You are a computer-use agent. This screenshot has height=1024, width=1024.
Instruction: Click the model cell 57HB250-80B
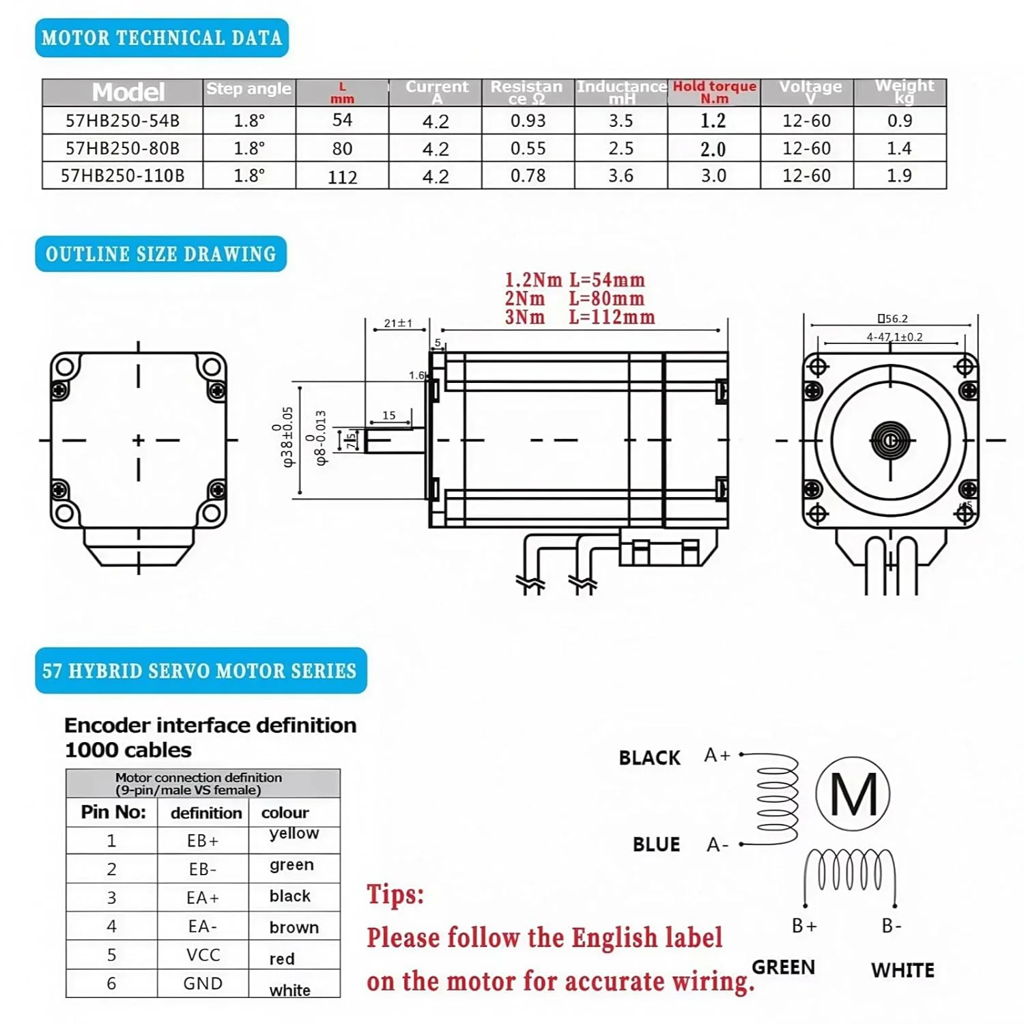tap(122, 148)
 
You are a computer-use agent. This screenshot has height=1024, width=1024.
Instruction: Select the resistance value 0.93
tap(528, 121)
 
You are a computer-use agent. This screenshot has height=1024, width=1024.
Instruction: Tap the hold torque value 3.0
tap(713, 175)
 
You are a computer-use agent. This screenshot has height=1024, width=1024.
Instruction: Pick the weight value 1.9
tap(899, 175)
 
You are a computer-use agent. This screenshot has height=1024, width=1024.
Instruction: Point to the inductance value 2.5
tap(621, 148)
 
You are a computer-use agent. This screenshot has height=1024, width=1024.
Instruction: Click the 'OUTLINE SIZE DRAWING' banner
tap(161, 254)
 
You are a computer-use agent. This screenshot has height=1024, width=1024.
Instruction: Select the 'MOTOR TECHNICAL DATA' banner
tap(162, 38)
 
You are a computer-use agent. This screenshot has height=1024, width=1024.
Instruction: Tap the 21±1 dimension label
tap(398, 323)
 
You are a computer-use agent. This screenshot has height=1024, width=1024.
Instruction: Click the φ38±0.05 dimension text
tap(287, 437)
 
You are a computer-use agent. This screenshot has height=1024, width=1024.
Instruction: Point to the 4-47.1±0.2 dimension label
tap(894, 337)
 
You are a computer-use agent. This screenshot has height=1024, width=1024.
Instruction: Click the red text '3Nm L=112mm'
tap(580, 317)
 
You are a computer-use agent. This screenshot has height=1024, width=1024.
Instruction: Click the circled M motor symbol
tap(853, 793)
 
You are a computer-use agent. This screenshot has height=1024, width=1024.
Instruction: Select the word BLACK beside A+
tap(649, 758)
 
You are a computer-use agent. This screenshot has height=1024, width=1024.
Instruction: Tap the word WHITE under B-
tap(902, 970)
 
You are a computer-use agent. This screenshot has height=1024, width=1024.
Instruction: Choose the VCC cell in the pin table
tap(203, 954)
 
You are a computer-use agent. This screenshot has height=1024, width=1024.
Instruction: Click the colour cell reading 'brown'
tap(294, 927)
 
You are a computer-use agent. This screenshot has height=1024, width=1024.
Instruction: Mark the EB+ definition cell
tap(203, 840)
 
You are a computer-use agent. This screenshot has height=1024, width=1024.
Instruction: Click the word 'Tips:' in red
tap(395, 894)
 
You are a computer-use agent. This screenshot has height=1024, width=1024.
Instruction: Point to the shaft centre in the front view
tap(890, 440)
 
